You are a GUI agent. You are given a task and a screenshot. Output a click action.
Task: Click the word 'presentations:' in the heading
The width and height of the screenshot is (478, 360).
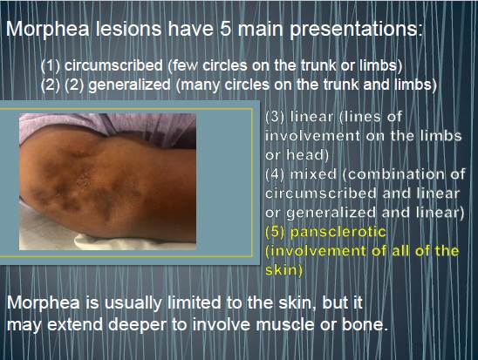(x=356, y=30)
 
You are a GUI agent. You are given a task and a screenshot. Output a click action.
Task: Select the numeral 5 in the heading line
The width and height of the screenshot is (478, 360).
(x=225, y=29)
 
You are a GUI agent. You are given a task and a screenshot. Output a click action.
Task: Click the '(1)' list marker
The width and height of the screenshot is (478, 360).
(x=51, y=65)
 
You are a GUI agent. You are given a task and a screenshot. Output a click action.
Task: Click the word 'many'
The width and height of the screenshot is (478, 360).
(x=200, y=85)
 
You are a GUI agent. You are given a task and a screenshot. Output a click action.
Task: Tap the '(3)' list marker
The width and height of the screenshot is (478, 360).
(x=276, y=117)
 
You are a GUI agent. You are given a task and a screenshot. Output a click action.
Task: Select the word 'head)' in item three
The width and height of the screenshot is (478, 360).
(x=308, y=154)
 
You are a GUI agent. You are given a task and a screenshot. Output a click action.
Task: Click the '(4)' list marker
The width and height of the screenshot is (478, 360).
(x=276, y=174)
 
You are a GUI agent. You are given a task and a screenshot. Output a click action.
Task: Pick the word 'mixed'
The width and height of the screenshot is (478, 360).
(x=313, y=174)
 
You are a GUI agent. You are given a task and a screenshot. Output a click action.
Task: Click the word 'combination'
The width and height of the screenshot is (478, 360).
(x=396, y=174)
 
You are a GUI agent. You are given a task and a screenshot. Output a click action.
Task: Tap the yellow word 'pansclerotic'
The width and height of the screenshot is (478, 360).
(x=338, y=233)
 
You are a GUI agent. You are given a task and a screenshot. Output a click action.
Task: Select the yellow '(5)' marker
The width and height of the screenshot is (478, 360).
(x=276, y=232)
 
